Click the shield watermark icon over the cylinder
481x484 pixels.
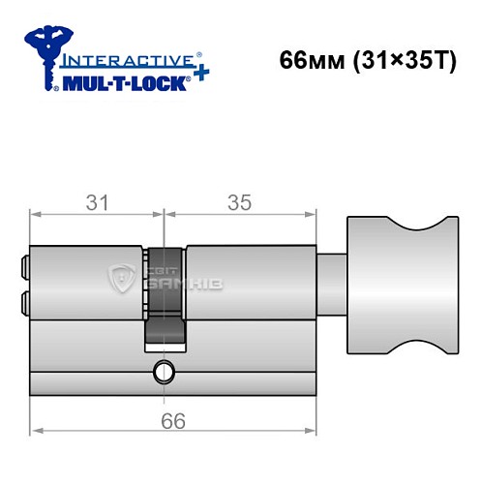click(125, 278)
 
